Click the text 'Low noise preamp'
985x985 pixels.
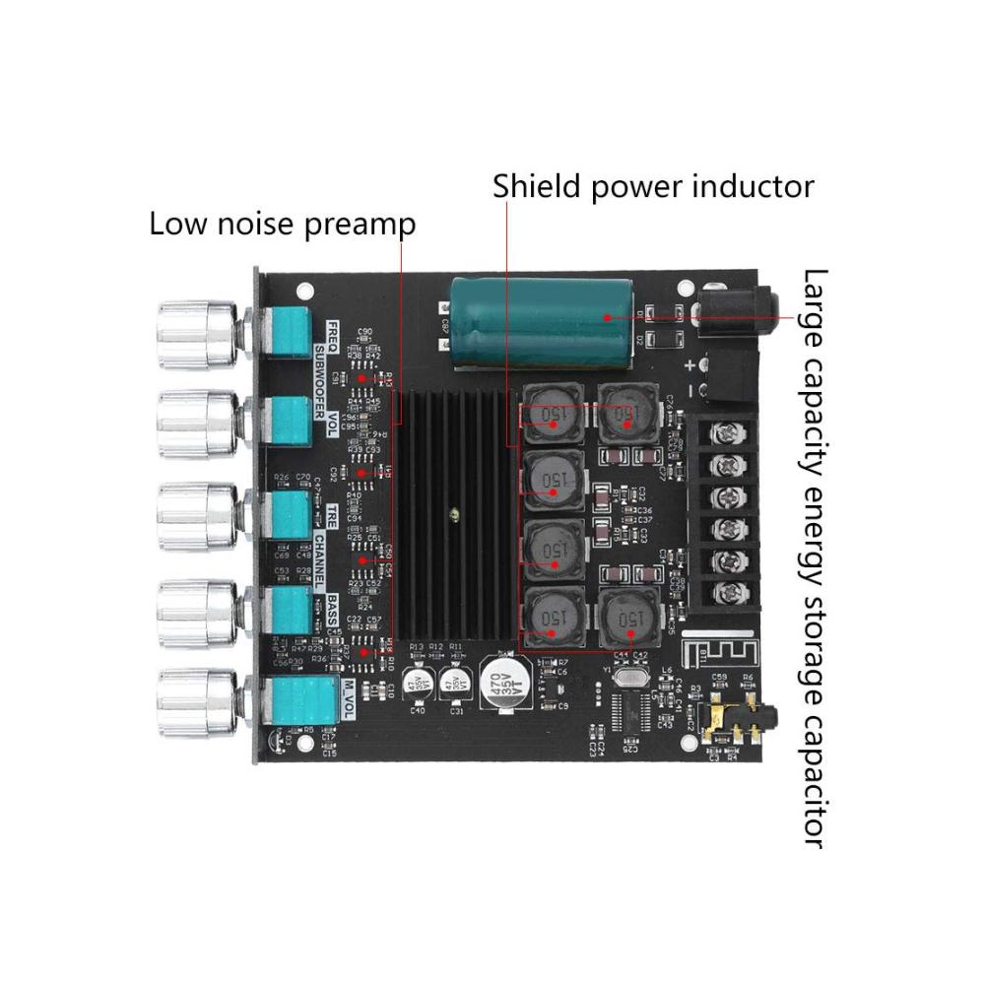[282, 224]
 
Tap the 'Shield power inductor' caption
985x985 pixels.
[653, 185]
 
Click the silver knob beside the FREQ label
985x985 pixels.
[198, 336]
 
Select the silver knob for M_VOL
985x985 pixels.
[198, 702]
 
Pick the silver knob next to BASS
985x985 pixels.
[198, 611]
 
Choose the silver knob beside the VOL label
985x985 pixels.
[198, 425]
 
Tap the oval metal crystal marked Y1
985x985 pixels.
[624, 677]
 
